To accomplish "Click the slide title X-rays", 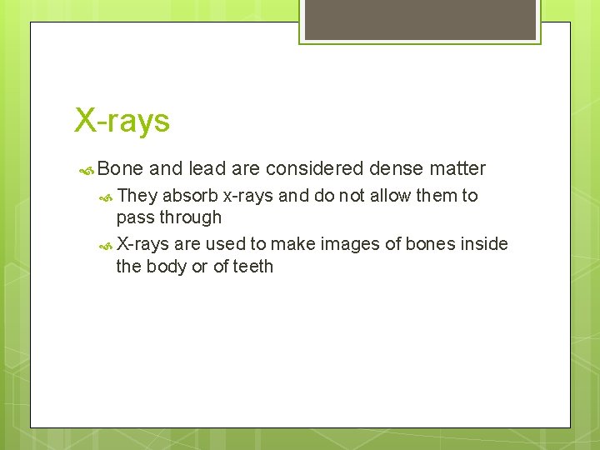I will coord(122,120).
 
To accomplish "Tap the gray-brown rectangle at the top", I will coord(420,19).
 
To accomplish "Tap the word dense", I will coord(396,168).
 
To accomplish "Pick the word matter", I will coord(457,168).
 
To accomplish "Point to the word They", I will coord(137,196).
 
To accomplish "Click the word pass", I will coord(134,218).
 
